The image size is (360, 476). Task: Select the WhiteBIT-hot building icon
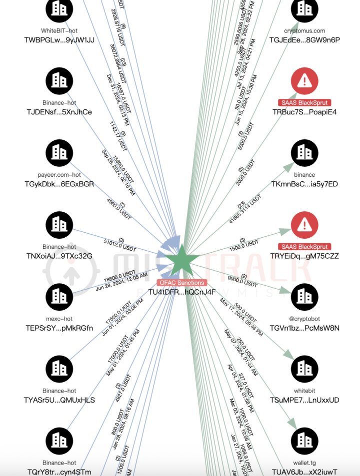click(x=59, y=9)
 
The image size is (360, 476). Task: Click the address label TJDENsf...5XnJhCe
click(x=58, y=112)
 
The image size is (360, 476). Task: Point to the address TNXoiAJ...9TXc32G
click(x=59, y=256)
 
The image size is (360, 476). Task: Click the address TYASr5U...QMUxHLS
click(x=59, y=400)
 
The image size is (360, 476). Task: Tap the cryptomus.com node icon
click(x=304, y=9)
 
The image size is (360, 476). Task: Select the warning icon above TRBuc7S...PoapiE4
click(x=304, y=81)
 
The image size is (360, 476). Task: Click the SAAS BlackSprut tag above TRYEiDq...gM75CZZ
click(x=304, y=247)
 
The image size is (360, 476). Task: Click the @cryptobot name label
click(x=304, y=319)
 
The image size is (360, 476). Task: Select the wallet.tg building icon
click(x=304, y=441)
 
